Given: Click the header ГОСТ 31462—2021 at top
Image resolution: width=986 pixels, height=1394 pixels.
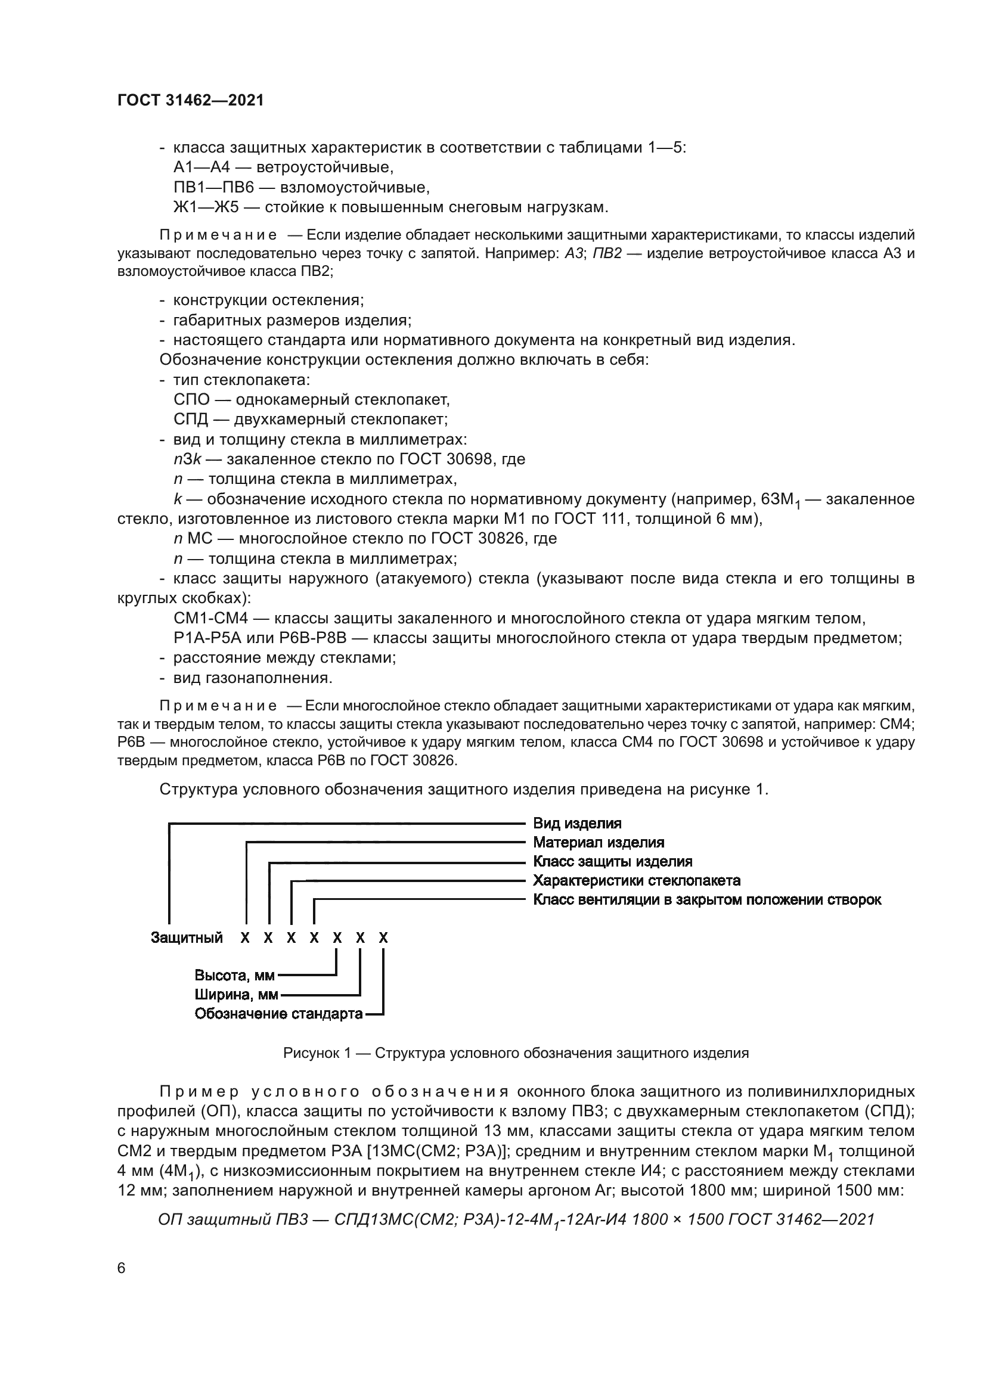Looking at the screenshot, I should [x=191, y=100].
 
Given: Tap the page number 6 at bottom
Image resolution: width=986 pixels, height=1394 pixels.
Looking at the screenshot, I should [x=122, y=1268].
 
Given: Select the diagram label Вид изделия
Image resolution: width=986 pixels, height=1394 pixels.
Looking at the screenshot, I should [x=577, y=823].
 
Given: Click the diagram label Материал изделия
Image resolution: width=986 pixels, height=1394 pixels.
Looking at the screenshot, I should [x=598, y=842].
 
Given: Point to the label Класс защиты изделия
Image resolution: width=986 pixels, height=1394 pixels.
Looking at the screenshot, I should [x=612, y=862].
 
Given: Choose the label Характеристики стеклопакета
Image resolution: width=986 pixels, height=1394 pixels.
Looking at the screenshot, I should [x=636, y=880].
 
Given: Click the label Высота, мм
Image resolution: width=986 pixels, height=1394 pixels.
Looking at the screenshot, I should [x=234, y=976].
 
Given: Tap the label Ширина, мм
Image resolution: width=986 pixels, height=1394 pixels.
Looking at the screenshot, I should [x=236, y=995].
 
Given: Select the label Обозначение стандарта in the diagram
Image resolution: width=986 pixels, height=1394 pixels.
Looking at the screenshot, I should [x=278, y=1014].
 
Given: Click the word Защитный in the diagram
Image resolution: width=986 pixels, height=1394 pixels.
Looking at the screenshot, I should [x=187, y=938].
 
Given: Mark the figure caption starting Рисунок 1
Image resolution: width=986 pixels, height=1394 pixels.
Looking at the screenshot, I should [x=516, y=1053].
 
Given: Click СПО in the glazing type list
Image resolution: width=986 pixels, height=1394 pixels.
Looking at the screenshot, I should [x=191, y=399].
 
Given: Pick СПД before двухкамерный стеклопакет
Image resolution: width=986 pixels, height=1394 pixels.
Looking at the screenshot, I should [x=191, y=420].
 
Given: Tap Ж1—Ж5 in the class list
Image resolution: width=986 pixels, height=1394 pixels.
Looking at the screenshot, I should [x=206, y=207].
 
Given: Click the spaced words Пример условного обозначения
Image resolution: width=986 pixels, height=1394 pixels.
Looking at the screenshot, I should [x=334, y=1092].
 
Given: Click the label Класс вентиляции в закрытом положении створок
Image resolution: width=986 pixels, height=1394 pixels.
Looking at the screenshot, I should [x=707, y=900].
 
